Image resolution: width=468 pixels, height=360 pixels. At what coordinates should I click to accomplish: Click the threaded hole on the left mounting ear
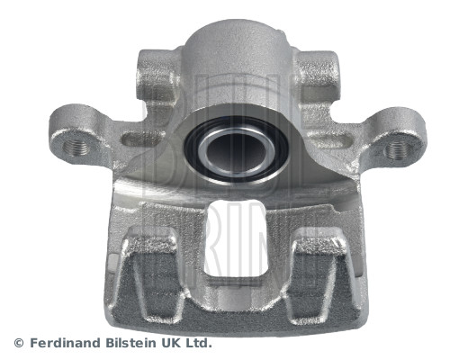pos(76,147)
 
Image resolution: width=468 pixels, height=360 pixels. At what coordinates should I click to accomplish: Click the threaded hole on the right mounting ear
pos(399,149)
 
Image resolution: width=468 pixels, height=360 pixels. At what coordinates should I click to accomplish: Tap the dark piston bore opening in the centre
pos(237,150)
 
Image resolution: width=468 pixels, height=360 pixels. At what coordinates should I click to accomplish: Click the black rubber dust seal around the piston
pos(237,149)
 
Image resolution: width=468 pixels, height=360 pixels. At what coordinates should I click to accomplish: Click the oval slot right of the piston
pos(330,140)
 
